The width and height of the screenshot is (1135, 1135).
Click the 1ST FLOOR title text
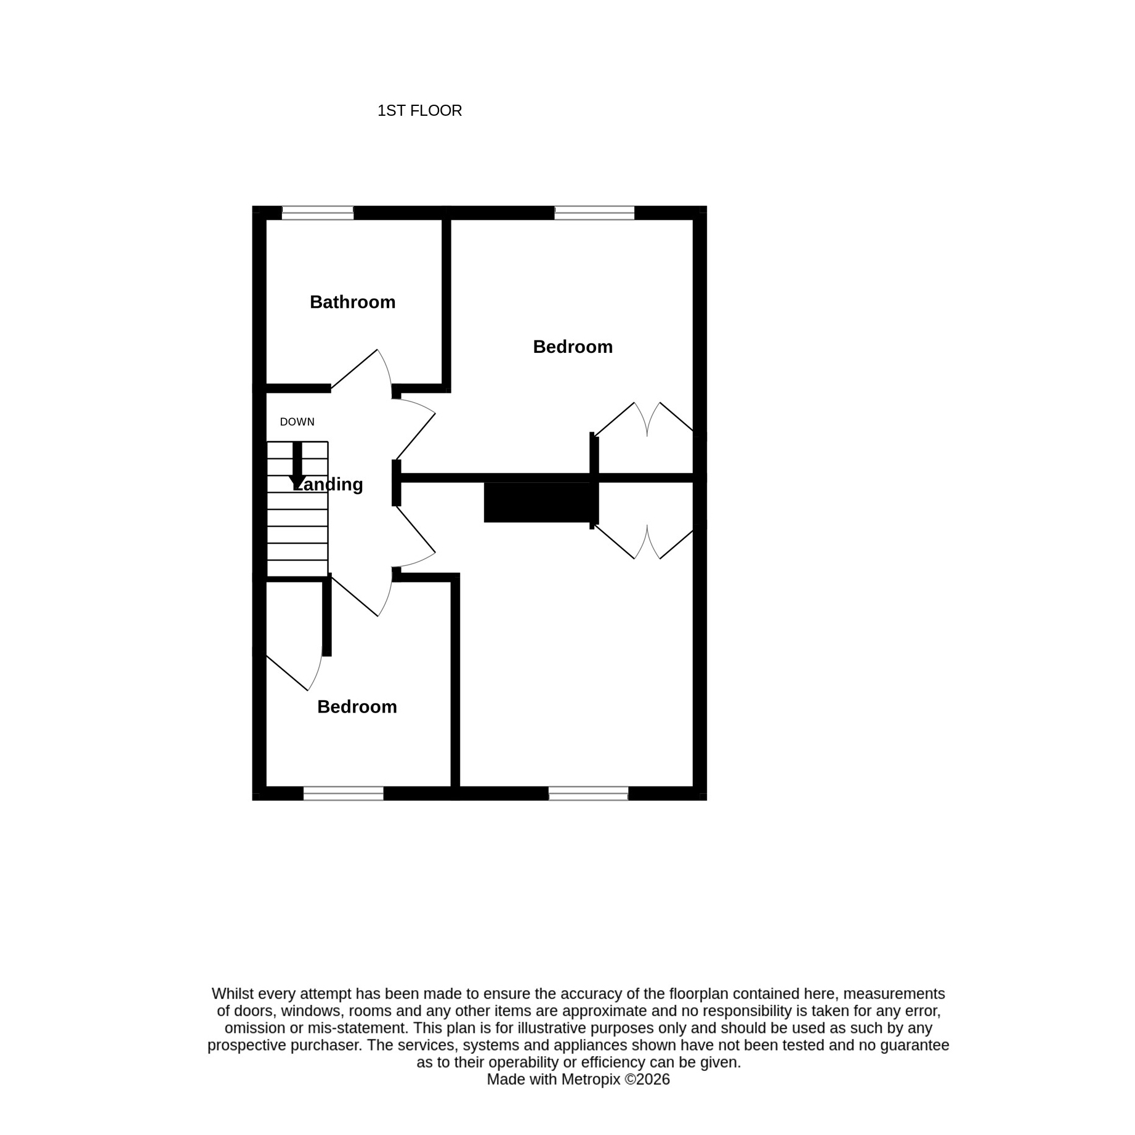[419, 111]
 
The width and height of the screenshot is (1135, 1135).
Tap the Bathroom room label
[352, 302]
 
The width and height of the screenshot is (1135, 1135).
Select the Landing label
[328, 484]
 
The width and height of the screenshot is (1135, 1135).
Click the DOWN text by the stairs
[297, 422]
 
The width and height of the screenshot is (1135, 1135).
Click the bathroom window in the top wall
[318, 213]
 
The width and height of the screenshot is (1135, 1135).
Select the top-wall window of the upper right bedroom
[594, 213]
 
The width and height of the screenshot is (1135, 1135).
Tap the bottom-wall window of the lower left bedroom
[344, 793]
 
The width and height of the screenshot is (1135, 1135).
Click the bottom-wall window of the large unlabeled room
[588, 793]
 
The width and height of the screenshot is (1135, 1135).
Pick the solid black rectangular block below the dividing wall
[539, 502]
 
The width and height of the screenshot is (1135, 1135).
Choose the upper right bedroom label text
[573, 347]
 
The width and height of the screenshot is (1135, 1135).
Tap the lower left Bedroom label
[357, 706]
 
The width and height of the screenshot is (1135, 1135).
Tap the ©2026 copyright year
[647, 1079]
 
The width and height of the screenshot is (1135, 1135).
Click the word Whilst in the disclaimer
[231, 993]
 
